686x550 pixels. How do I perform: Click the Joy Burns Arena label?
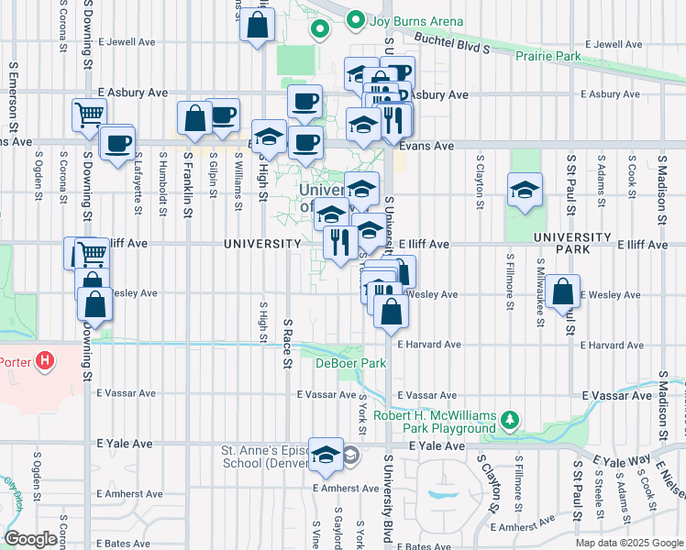tap(416, 21)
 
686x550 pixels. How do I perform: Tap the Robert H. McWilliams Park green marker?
tap(510, 422)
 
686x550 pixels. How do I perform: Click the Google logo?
tap(31, 539)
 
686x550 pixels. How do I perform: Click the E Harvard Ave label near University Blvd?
tap(429, 345)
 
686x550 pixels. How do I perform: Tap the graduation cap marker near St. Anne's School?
tap(325, 455)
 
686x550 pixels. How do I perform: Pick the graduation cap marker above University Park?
tap(524, 190)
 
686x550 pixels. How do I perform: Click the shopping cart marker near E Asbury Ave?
tap(89, 115)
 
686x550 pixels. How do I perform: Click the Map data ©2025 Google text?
tap(628, 543)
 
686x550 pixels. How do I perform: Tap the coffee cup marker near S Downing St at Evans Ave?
tap(117, 144)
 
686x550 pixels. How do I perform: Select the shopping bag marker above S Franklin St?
tap(194, 118)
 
